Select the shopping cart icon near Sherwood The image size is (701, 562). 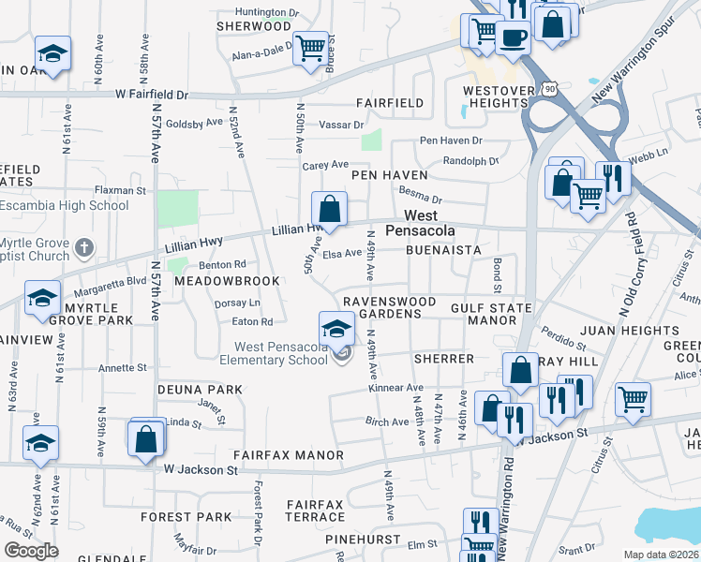tap(309, 46)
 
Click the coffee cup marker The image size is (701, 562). tap(512, 37)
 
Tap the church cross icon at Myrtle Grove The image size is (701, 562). tap(83, 248)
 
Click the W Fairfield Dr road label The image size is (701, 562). tap(152, 95)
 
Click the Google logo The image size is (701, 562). tap(31, 551)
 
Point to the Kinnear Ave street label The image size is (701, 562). tap(396, 388)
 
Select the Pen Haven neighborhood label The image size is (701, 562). tap(389, 175)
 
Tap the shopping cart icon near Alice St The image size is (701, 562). tap(633, 398)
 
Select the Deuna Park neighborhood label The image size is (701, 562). tap(186, 389)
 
